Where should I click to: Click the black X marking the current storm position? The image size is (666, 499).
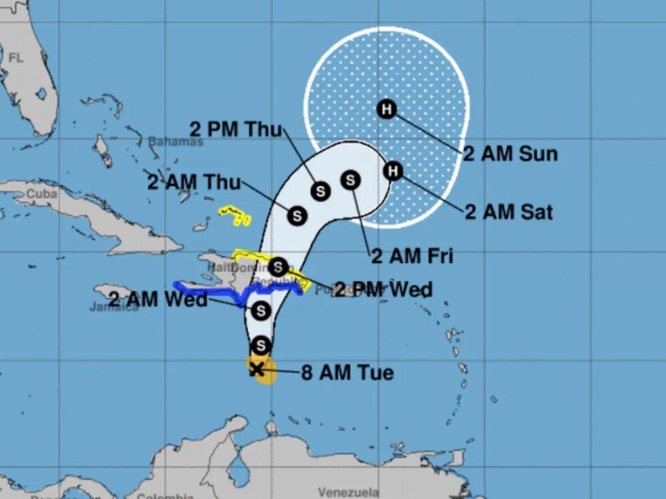pyautogui.click(x=256, y=369)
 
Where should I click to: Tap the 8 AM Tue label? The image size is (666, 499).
pyautogui.click(x=347, y=373)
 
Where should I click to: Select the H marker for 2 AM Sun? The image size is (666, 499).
pyautogui.click(x=386, y=109)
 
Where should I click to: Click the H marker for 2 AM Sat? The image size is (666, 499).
pyautogui.click(x=393, y=170)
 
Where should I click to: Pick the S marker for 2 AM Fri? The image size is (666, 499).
pyautogui.click(x=350, y=180)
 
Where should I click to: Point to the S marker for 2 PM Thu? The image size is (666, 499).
pyautogui.click(x=320, y=191)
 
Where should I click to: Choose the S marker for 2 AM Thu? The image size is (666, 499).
pyautogui.click(x=297, y=215)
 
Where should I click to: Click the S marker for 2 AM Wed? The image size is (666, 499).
pyautogui.click(x=261, y=310)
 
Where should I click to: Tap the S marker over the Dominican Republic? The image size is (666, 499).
pyautogui.click(x=278, y=267)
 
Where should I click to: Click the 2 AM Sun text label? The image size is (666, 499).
pyautogui.click(x=510, y=154)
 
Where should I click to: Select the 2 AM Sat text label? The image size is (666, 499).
pyautogui.click(x=508, y=212)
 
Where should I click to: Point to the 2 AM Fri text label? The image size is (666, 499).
pyautogui.click(x=412, y=256)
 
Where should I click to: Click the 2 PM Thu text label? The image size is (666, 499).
pyautogui.click(x=236, y=129)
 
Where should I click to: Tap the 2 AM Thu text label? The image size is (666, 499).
pyautogui.click(x=194, y=182)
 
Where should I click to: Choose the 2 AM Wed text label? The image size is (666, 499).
pyautogui.click(x=158, y=300)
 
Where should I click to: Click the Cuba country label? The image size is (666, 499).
pyautogui.click(x=42, y=194)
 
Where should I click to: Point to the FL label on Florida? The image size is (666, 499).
pyautogui.click(x=16, y=58)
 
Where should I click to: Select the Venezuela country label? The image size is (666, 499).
pyautogui.click(x=349, y=492)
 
